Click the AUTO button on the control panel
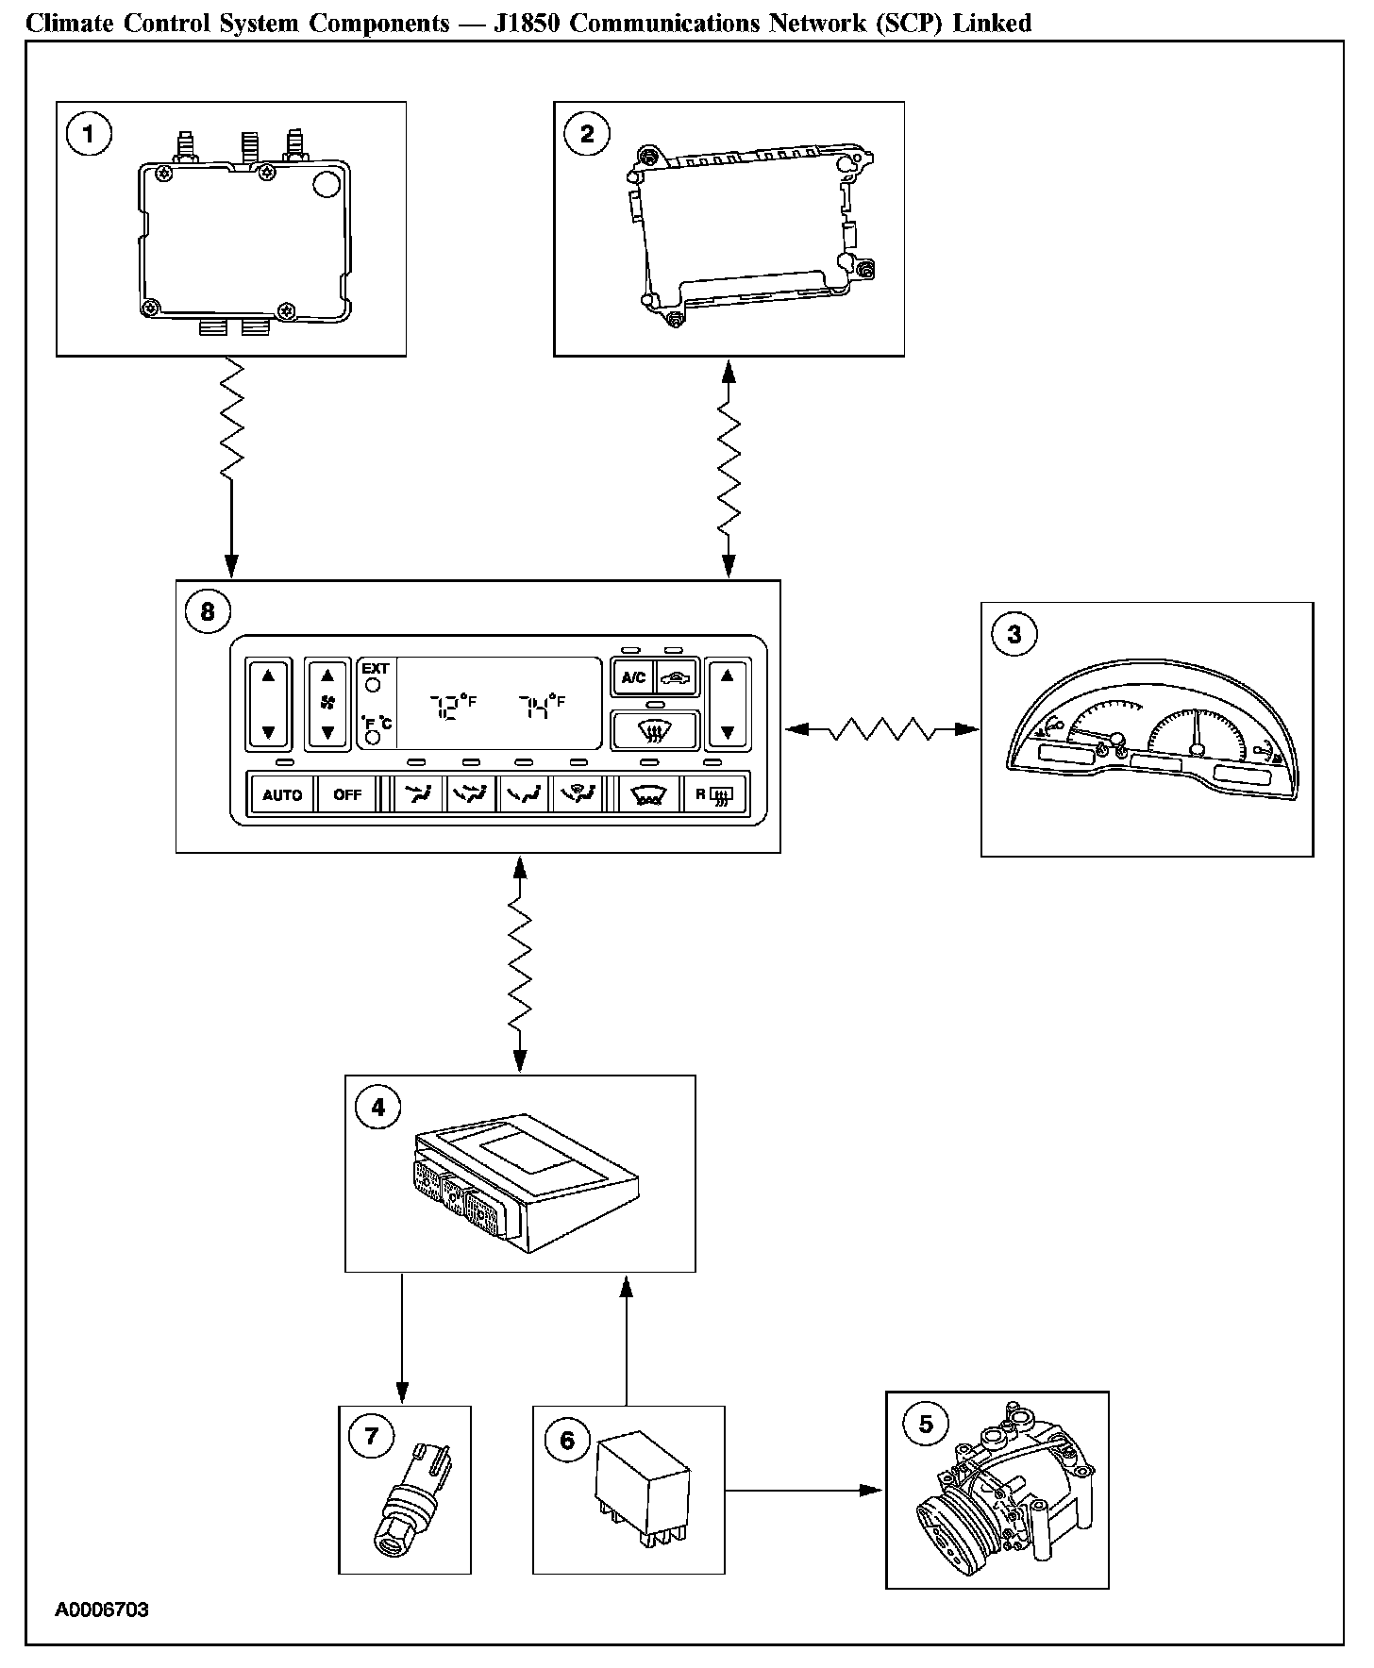click(281, 794)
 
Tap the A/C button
click(633, 676)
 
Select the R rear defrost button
click(713, 794)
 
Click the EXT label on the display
click(376, 669)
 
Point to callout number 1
click(89, 134)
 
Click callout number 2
click(587, 134)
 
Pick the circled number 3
click(1014, 634)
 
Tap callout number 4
click(378, 1107)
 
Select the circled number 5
click(926, 1423)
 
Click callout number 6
click(567, 1440)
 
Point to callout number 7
click(371, 1436)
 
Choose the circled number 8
click(208, 611)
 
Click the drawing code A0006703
click(102, 1610)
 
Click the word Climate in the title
click(65, 23)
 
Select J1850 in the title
click(528, 23)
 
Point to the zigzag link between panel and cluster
click(881, 729)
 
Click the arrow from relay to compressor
click(803, 1491)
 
